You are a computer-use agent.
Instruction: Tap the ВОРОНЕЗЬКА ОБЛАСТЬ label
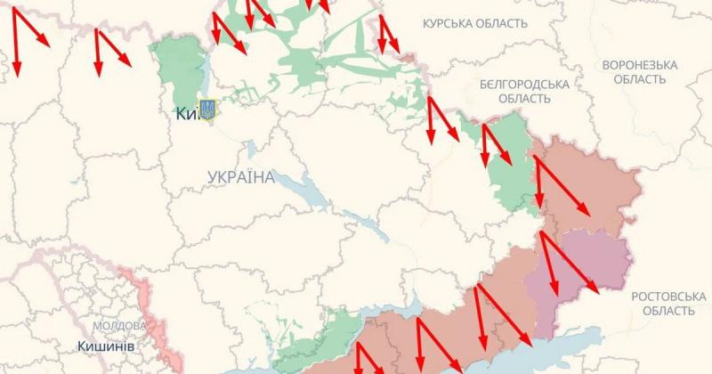click(x=639, y=72)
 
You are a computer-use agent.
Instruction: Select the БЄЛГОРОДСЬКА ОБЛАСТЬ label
click(x=523, y=91)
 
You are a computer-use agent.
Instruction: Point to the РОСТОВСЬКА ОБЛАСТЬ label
click(x=663, y=303)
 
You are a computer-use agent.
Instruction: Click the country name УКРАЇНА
click(x=240, y=177)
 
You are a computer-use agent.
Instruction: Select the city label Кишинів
click(x=106, y=346)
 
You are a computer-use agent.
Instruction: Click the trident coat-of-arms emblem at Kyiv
click(x=208, y=110)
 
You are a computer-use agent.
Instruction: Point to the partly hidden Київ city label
click(x=185, y=113)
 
